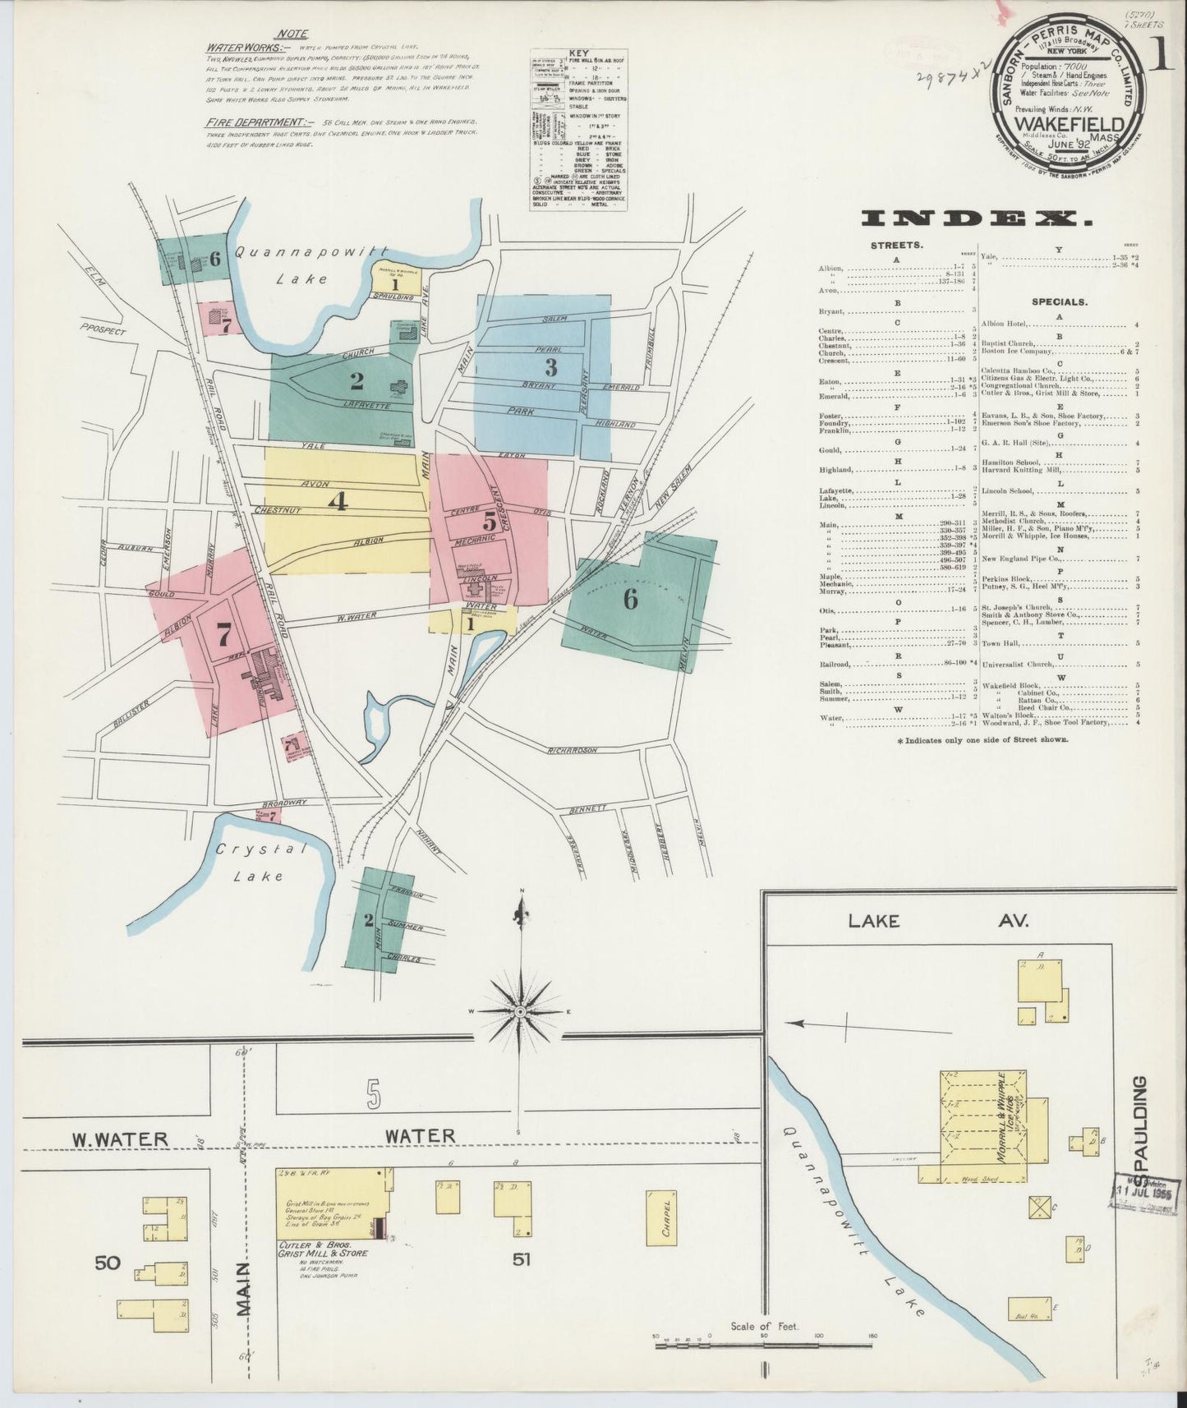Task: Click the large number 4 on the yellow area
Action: tap(338, 500)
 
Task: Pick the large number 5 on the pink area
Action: tap(490, 521)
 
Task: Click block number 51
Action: tap(520, 1259)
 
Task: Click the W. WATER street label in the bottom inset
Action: tap(120, 1139)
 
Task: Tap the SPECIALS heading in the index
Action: tap(1055, 301)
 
